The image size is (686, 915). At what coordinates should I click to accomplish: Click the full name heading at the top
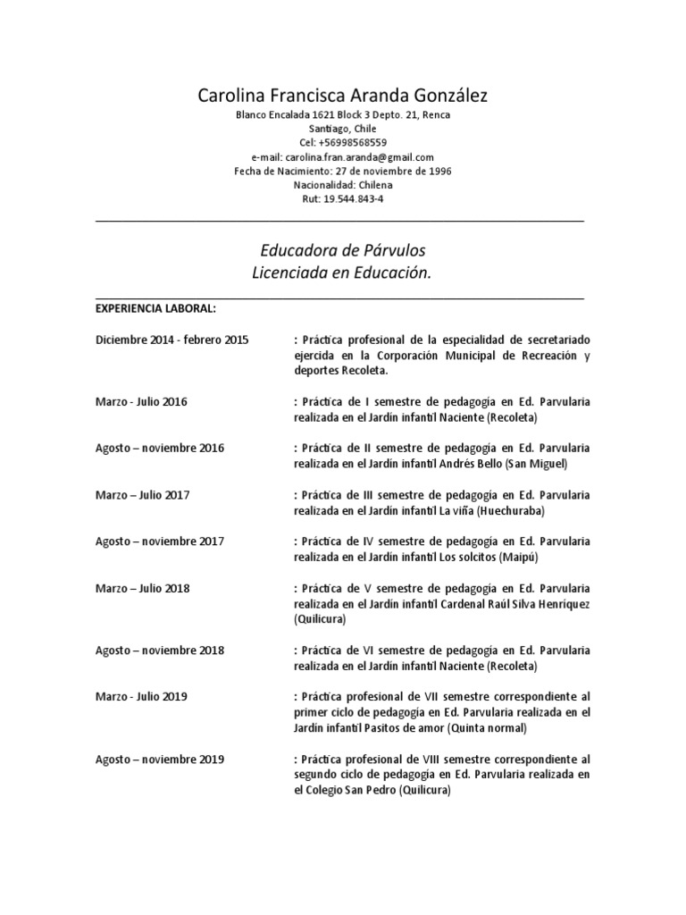(x=342, y=95)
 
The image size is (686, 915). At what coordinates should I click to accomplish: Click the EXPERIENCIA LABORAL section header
(x=155, y=309)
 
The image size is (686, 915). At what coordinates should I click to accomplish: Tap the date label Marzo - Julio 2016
(x=141, y=402)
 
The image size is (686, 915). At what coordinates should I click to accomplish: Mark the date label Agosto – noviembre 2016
(x=160, y=449)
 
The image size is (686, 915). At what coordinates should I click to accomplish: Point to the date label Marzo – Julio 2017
(x=142, y=495)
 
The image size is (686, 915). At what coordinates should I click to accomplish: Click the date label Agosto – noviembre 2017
(x=160, y=541)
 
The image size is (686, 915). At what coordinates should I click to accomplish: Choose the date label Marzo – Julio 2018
(x=142, y=588)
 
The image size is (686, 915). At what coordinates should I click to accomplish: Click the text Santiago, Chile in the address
(x=342, y=129)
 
